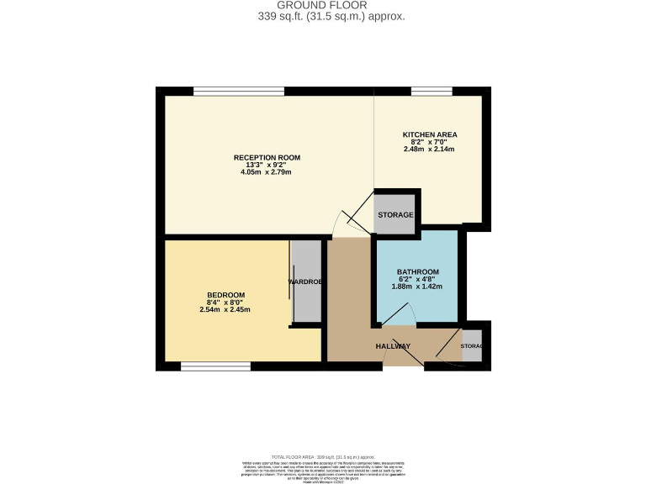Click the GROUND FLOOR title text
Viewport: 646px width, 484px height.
[x=322, y=5]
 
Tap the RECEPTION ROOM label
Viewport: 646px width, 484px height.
[x=267, y=157]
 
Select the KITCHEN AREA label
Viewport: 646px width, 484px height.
[x=429, y=134]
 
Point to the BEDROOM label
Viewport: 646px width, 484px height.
[x=225, y=294]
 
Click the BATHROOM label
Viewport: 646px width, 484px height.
[x=417, y=271]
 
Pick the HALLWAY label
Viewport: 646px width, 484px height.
[x=392, y=346]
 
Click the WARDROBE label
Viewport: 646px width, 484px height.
[x=306, y=281]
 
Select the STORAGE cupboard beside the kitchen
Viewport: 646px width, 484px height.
[x=394, y=215]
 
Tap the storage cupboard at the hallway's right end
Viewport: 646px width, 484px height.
[x=472, y=346]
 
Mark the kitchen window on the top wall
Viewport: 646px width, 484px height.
[x=432, y=91]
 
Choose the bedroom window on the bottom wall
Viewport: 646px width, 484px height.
[x=215, y=366]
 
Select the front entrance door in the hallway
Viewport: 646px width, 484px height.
[x=405, y=355]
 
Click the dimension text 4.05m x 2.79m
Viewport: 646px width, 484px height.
[x=267, y=172]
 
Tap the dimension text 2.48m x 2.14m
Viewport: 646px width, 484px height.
[x=429, y=150]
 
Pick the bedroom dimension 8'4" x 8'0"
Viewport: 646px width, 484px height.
[x=225, y=302]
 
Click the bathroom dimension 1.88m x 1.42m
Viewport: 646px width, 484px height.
[x=417, y=287]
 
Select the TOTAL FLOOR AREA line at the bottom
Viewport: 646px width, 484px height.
[x=322, y=456]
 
